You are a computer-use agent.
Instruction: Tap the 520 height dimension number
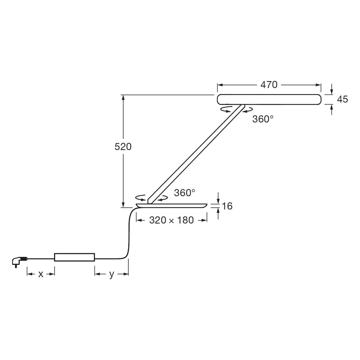(123, 147)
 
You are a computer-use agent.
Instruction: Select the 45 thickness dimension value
(342, 99)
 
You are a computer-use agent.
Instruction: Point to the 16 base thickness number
(227, 206)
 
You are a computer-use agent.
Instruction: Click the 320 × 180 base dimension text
(171, 220)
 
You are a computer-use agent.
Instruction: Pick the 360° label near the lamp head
(263, 119)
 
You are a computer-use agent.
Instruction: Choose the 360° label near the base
(184, 193)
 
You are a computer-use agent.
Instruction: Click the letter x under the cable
(41, 274)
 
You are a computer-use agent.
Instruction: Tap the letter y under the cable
(112, 274)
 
